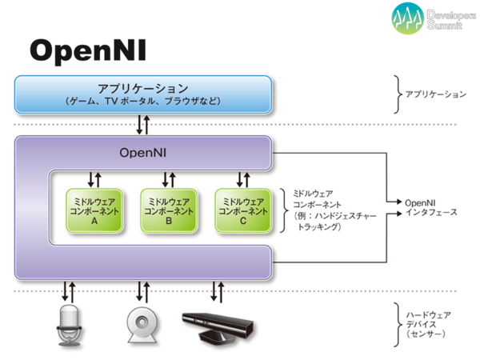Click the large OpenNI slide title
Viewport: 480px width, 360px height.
click(88, 51)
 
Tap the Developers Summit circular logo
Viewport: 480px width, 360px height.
click(407, 18)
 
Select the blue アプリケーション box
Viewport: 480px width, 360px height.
click(143, 94)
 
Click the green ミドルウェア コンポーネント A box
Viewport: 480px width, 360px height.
click(94, 210)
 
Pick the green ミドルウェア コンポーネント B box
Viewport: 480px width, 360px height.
click(169, 210)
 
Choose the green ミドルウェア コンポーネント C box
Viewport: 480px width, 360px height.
click(243, 210)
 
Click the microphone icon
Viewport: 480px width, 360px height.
click(69, 325)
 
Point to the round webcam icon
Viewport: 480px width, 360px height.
click(142, 325)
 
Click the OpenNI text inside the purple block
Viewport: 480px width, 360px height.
click(143, 153)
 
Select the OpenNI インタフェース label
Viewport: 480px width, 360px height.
click(431, 207)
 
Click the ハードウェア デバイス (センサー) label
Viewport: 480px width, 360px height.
click(428, 324)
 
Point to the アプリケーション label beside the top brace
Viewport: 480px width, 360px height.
click(436, 94)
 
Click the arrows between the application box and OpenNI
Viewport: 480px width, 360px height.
click(143, 125)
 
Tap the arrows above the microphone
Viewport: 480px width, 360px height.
click(69, 291)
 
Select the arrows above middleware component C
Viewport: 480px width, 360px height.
click(243, 180)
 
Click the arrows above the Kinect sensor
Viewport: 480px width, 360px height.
click(218, 292)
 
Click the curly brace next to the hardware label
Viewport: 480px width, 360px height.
click(398, 325)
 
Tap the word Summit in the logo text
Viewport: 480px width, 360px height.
click(445, 25)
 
